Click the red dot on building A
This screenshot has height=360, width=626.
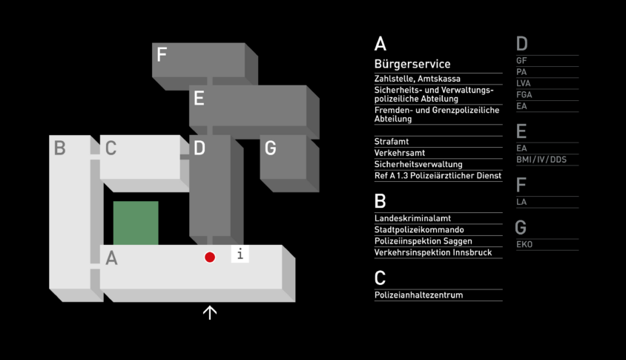210,258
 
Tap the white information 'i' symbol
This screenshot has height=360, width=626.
240,254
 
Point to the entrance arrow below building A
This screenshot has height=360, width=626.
210,312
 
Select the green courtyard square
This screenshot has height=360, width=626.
136,223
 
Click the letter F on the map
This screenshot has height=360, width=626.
162,55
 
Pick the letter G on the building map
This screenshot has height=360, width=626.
270,148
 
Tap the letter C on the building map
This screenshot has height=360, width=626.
111,148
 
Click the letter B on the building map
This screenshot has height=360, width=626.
59,148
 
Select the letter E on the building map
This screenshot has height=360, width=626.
199,98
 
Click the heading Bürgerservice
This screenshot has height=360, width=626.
412,64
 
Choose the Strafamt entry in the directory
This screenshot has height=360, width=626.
392,142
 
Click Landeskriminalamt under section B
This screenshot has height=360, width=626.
412,218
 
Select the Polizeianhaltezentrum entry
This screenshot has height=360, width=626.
418,295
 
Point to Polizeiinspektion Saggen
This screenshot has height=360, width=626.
424,241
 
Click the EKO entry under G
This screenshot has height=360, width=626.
524,244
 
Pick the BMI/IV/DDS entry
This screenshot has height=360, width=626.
541,160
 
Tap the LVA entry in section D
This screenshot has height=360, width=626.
524,84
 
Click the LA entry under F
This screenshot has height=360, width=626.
521,202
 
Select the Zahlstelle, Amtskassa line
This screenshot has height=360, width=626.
417,79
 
